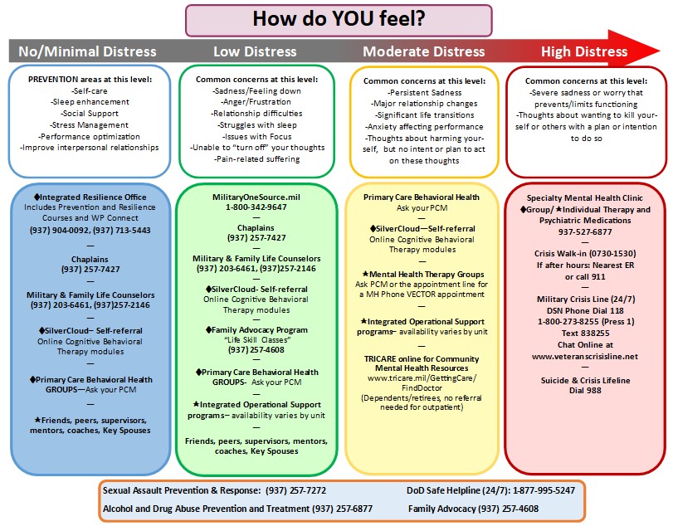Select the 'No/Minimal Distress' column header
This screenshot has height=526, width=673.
tap(88, 51)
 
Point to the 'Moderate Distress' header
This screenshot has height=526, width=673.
tap(423, 51)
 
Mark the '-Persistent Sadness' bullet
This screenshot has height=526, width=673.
tap(423, 93)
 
